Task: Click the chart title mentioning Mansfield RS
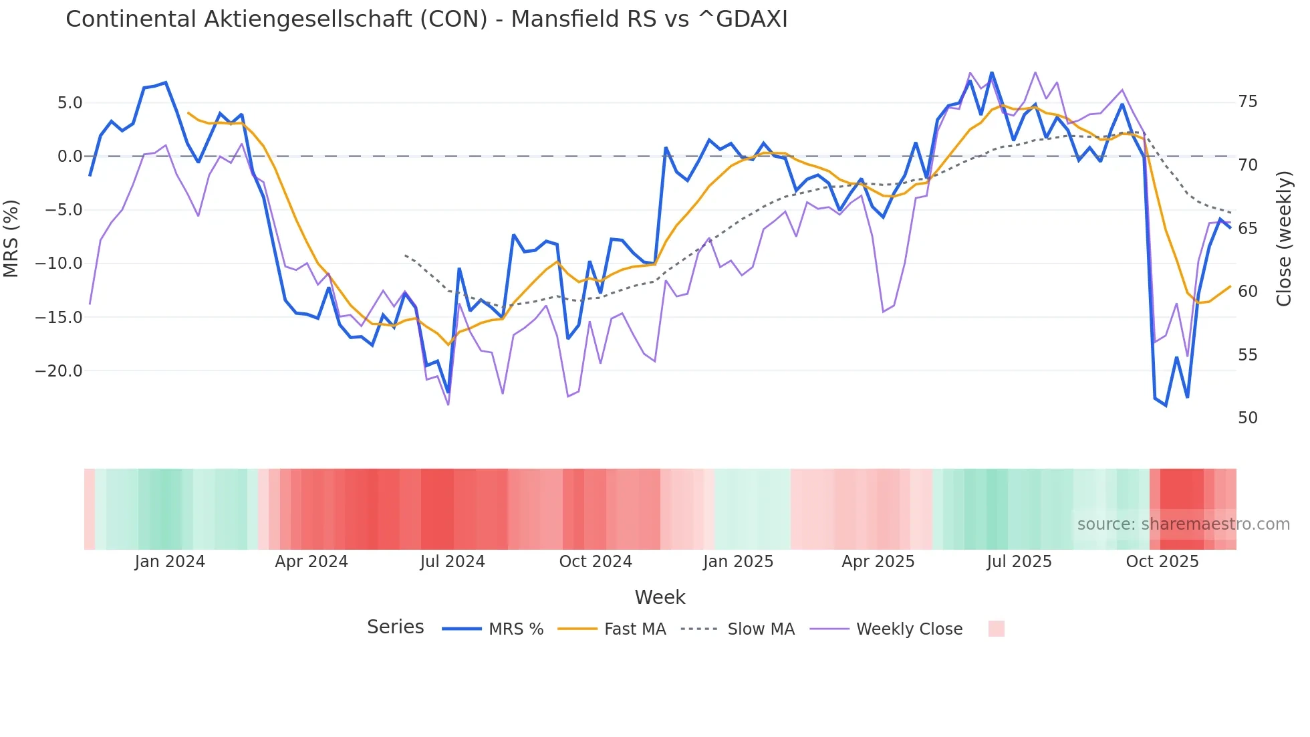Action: pos(426,19)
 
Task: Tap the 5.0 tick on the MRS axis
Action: pos(70,102)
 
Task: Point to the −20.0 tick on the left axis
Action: pos(59,371)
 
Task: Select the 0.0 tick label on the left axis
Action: pos(70,156)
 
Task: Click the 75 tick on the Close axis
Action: pos(1247,102)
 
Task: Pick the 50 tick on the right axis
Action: pos(1247,418)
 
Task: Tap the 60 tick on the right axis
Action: pos(1247,292)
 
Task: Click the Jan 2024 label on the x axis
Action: pos(170,562)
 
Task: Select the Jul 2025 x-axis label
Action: pos(1019,562)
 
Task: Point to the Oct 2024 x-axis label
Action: pos(596,562)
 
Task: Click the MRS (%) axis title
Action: pos(11,238)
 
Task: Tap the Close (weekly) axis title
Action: pos(1284,238)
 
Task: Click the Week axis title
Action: pos(660,597)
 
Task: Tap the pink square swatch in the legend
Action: pos(996,629)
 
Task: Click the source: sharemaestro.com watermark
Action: pos(1183,524)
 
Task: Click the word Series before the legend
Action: pos(395,627)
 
